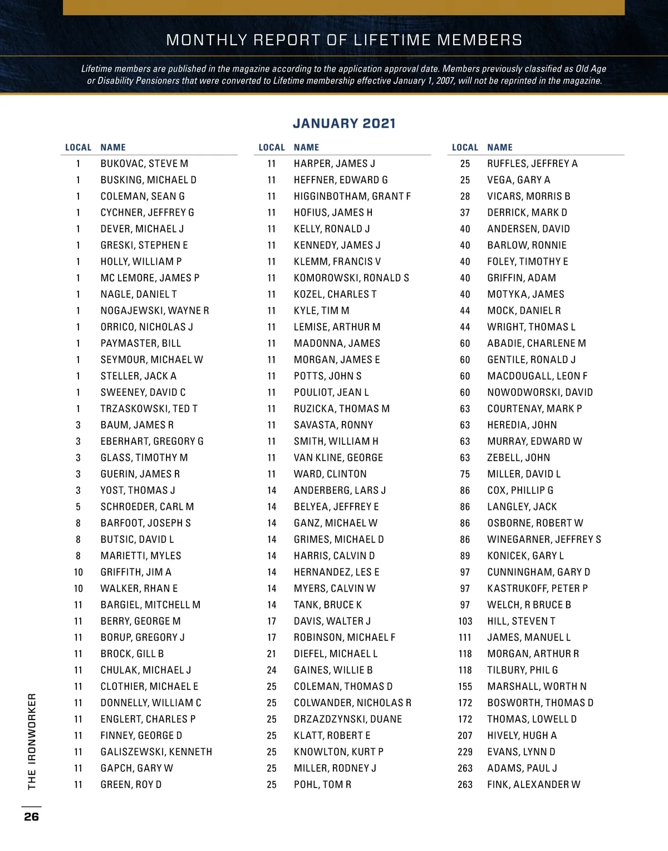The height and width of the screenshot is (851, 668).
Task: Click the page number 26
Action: pyautogui.click(x=31, y=816)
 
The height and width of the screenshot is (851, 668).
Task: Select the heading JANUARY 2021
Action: pyautogui.click(x=344, y=123)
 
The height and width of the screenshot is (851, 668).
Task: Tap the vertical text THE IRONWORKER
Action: pyautogui.click(x=32, y=741)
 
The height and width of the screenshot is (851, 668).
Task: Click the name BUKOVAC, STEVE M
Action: pyautogui.click(x=144, y=163)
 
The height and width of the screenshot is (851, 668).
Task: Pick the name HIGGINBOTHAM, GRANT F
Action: pyautogui.click(x=352, y=196)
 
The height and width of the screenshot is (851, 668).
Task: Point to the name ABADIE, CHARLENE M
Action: pyautogui.click(x=536, y=343)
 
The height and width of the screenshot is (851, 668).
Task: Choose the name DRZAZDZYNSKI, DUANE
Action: pyautogui.click(x=347, y=719)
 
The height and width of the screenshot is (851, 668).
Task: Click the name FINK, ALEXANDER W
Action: pyautogui.click(x=533, y=784)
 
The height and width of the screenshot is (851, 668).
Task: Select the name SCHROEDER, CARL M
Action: pyautogui.click(x=147, y=507)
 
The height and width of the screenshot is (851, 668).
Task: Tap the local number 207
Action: pyautogui.click(x=465, y=736)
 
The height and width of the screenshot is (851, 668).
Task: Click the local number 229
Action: pyautogui.click(x=465, y=752)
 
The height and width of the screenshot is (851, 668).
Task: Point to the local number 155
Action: pyautogui.click(x=465, y=687)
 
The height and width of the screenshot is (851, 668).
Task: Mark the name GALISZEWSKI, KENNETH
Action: pyautogui.click(x=156, y=752)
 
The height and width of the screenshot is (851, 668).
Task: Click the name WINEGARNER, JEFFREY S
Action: pyautogui.click(x=544, y=539)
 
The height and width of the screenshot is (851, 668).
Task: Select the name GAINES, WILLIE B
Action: pyautogui.click(x=333, y=670)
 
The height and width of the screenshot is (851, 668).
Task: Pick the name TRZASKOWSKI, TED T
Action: pyautogui.click(x=149, y=409)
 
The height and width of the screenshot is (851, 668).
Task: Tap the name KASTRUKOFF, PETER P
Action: pyautogui.click(x=537, y=589)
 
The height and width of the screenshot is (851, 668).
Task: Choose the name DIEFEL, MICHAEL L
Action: pyautogui.click(x=335, y=654)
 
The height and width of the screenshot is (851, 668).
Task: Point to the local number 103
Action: pyautogui.click(x=465, y=621)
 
